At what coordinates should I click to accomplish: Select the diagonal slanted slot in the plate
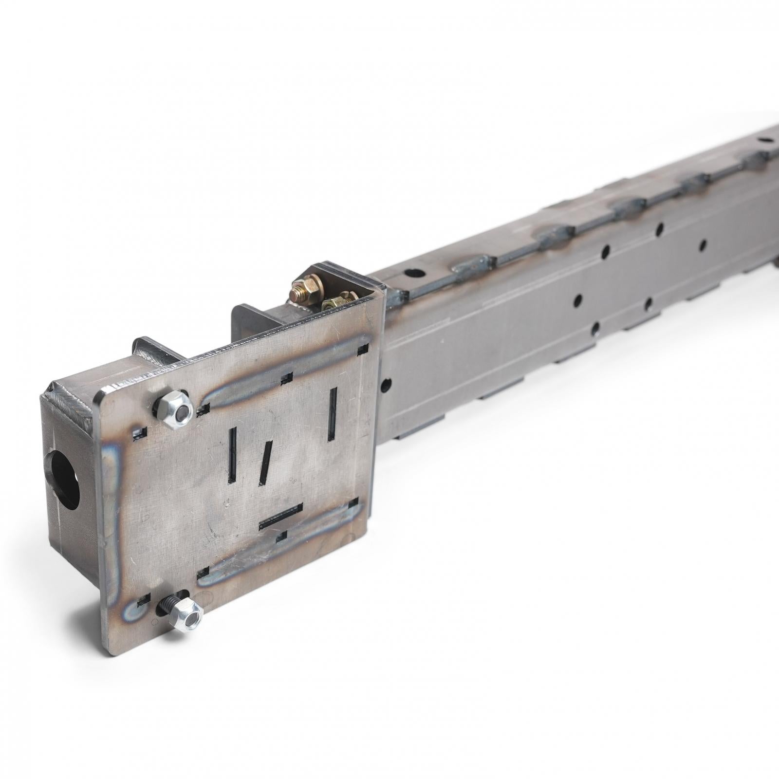coord(266,462)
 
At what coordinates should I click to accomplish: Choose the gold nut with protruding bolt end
coord(300,293)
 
